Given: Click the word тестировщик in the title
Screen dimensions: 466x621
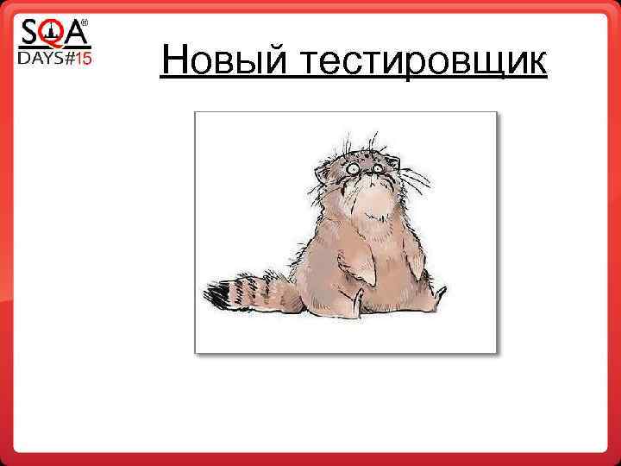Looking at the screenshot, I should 424,63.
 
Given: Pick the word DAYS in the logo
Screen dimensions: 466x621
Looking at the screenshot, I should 41,60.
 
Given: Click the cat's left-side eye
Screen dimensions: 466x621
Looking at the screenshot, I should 354,168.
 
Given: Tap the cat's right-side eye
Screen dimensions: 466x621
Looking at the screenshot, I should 376,167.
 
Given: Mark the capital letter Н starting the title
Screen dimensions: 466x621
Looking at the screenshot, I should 172,61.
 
